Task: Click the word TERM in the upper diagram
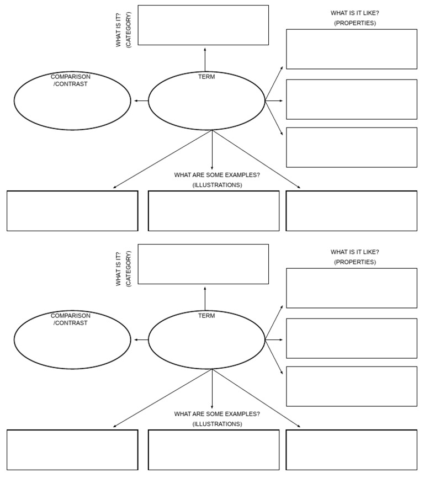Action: (206, 77)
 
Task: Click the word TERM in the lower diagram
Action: (206, 316)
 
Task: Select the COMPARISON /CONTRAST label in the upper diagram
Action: (71, 80)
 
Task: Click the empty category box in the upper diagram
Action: (203, 25)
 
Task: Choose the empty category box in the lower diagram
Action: (203, 264)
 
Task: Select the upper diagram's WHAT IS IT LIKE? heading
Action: (355, 13)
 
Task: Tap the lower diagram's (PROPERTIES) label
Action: (355, 262)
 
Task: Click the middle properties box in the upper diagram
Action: (351, 99)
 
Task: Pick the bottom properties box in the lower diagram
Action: (351, 386)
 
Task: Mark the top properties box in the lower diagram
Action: (351, 288)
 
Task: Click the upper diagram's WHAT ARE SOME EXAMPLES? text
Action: (217, 175)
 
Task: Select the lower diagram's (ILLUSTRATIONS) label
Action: (217, 424)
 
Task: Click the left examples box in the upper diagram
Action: (72, 211)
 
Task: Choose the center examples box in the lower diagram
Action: (214, 450)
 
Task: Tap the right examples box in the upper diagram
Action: (351, 211)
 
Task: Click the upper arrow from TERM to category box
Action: (205, 59)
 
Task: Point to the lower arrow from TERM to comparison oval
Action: (140, 340)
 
